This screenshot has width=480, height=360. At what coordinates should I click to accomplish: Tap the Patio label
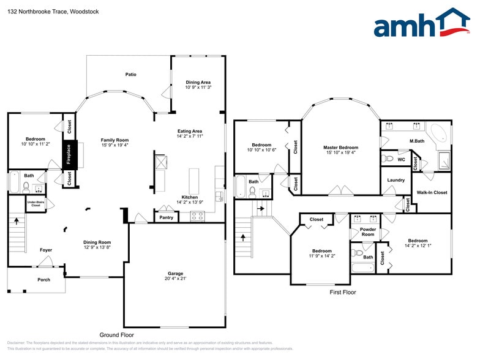tap(130, 75)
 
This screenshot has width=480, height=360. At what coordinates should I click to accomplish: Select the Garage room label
tap(176, 273)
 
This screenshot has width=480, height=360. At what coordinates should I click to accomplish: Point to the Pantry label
tap(166, 217)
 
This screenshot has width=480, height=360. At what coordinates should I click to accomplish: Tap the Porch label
tap(43, 280)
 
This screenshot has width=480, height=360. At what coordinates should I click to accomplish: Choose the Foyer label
tap(46, 250)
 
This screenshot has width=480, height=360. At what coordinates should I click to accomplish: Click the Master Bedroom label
tap(340, 148)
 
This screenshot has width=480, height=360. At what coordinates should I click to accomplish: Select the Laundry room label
tap(396, 180)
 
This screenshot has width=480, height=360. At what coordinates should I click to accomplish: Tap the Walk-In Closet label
tap(432, 192)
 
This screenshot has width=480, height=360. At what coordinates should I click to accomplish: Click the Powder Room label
tap(367, 232)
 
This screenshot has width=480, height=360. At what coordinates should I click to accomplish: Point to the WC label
tap(402, 159)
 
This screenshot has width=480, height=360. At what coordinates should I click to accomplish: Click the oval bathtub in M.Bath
tap(438, 134)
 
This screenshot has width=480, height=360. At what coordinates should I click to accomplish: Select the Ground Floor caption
tap(117, 335)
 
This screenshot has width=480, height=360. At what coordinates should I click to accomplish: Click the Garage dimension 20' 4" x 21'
tap(176, 279)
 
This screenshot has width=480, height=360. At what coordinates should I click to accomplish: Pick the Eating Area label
tap(189, 131)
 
